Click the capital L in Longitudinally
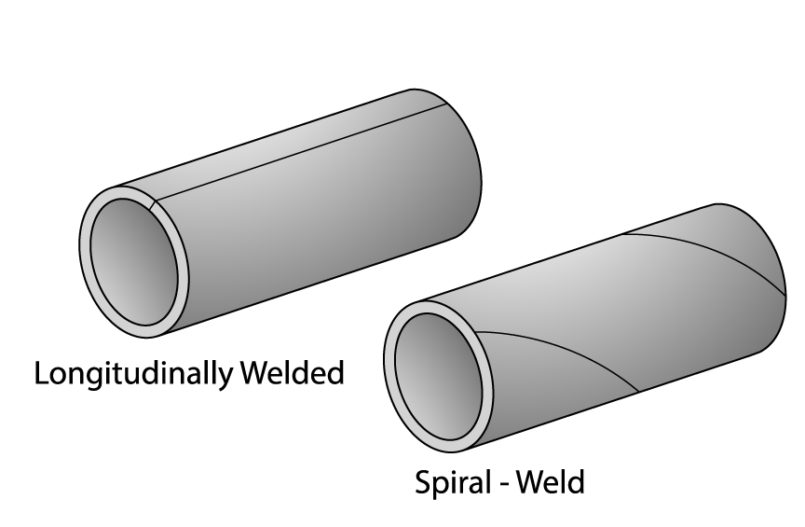42,373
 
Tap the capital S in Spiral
422,483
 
